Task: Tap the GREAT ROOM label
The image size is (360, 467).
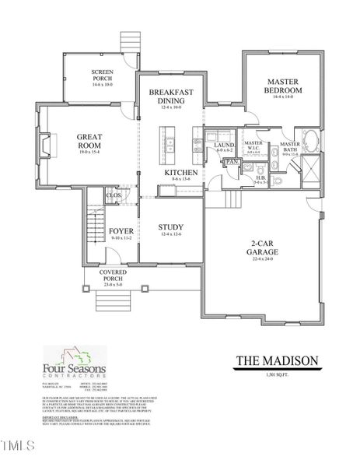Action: click(x=90, y=140)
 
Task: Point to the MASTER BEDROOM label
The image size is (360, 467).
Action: click(x=285, y=86)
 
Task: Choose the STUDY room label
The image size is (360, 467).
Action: click(x=170, y=228)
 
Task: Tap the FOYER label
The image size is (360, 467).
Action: click(x=121, y=231)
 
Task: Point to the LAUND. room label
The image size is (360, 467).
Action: click(x=225, y=144)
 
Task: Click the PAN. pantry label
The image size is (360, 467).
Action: click(x=232, y=162)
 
